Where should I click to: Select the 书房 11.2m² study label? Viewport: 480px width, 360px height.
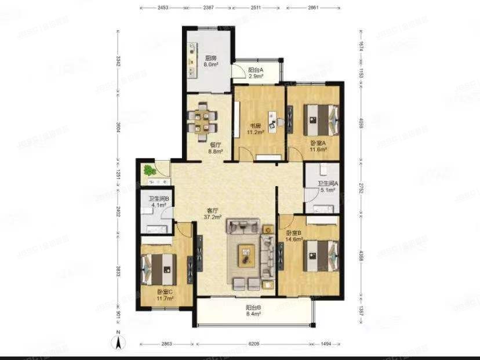[256, 129]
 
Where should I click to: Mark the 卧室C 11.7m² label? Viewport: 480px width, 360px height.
[165, 295]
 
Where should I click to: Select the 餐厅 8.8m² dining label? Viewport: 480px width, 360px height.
[216, 148]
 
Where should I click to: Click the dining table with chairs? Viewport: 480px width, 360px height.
[203, 119]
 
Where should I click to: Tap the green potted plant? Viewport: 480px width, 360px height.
[151, 170]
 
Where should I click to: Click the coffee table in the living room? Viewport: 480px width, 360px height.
[247, 254]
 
